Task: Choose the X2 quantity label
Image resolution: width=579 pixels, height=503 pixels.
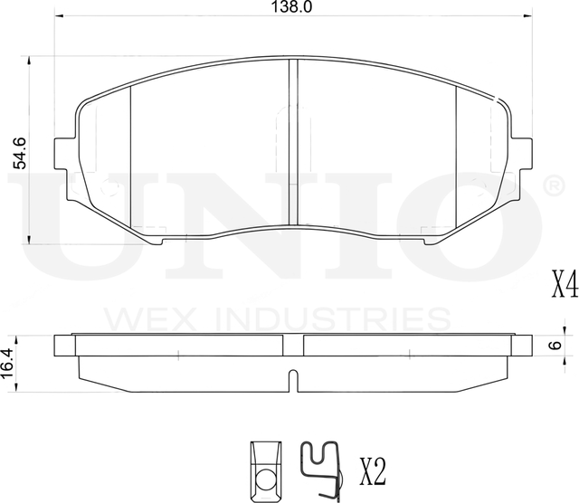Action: (x=373, y=470)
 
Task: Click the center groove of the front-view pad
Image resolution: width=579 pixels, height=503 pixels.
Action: (x=292, y=140)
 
